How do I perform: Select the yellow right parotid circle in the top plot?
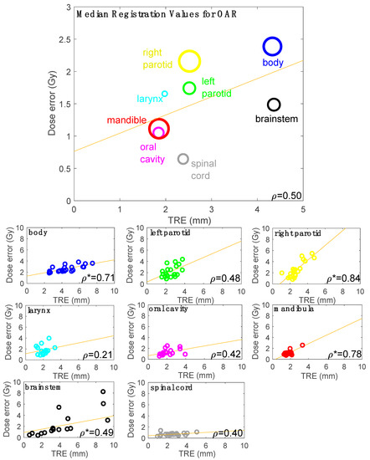point(189,61)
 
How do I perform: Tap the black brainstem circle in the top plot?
point(274,105)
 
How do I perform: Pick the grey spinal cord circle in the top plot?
point(183,159)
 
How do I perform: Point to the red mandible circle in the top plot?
point(159,128)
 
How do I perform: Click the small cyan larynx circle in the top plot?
point(165,94)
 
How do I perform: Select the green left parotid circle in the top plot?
point(189,88)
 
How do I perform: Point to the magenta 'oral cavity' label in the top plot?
point(147,152)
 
